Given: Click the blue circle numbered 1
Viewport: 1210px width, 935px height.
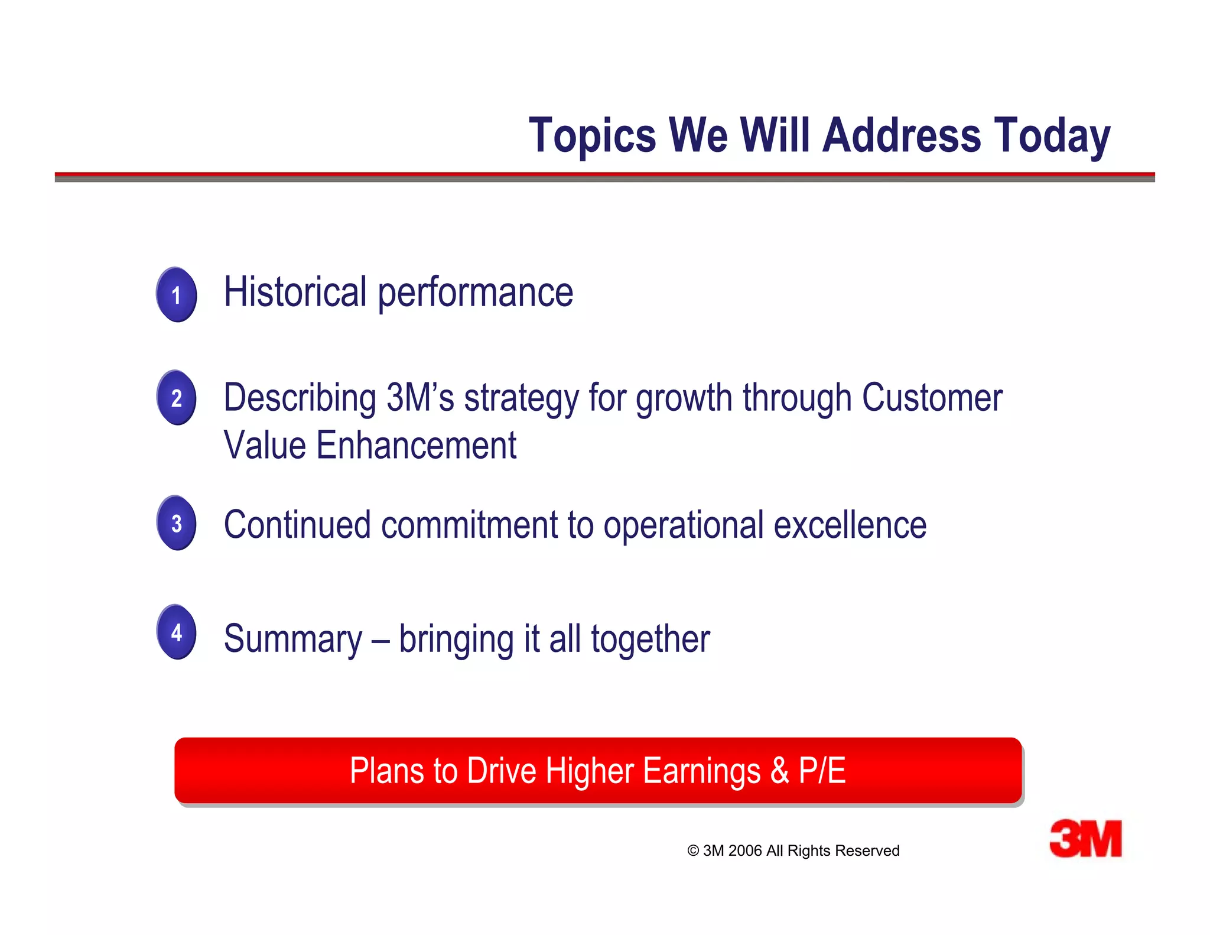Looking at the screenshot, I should pyautogui.click(x=176, y=294).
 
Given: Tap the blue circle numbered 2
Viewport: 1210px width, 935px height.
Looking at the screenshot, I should pyautogui.click(x=176, y=397).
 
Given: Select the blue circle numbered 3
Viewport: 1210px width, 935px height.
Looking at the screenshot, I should pyautogui.click(x=176, y=522).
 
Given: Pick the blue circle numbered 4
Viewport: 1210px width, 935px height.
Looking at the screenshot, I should pyautogui.click(x=176, y=632).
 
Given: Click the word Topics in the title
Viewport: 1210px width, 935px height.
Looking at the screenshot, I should pyautogui.click(x=592, y=136).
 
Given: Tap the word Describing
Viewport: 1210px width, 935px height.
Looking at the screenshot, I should pyautogui.click(x=300, y=398).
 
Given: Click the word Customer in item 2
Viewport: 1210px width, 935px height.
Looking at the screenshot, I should pyautogui.click(x=932, y=397).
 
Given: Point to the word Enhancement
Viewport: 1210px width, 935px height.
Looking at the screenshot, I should pyautogui.click(x=416, y=445).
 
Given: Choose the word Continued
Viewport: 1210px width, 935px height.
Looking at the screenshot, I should pyautogui.click(x=297, y=524).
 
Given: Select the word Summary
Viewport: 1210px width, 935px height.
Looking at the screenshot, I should pyautogui.click(x=293, y=639).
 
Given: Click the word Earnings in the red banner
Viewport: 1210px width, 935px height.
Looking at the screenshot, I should pyautogui.click(x=701, y=771).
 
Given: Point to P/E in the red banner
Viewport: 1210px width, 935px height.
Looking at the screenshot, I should pyautogui.click(x=822, y=771).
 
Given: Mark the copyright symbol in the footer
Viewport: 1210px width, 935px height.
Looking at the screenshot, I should pyautogui.click(x=693, y=851).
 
